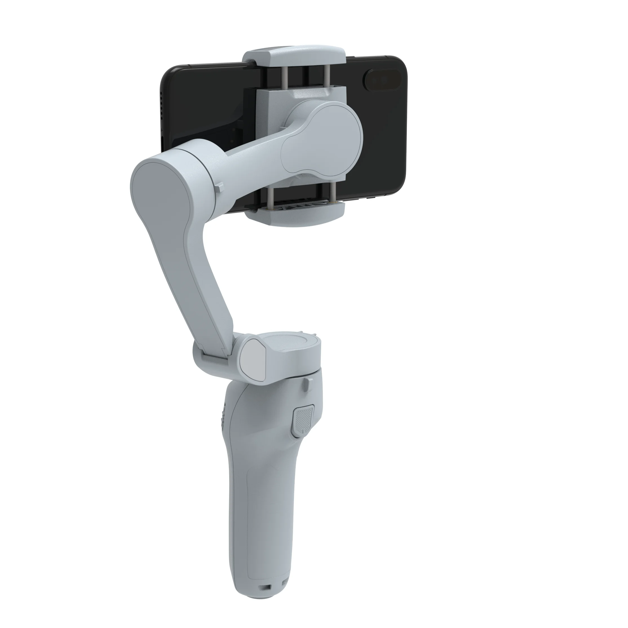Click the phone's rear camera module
point(382,80)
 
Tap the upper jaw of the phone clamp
point(293,57)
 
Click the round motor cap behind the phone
point(322,136)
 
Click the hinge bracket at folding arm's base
point(211,354)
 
